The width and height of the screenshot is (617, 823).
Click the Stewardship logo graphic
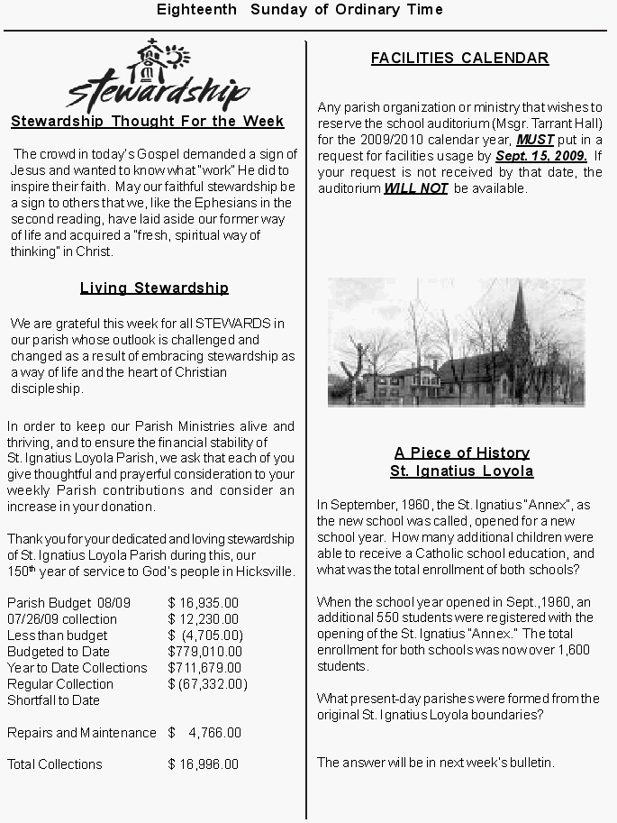(x=158, y=77)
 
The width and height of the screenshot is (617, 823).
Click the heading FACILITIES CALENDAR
(x=459, y=59)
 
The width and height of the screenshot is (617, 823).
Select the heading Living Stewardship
(x=154, y=288)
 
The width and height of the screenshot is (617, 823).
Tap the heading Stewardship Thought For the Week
(x=147, y=122)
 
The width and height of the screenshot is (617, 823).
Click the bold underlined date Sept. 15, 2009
(x=540, y=156)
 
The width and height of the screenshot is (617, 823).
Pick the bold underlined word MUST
(x=535, y=140)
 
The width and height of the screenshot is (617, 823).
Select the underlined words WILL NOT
(x=416, y=188)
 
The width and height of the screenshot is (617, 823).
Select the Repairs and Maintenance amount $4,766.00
(x=204, y=733)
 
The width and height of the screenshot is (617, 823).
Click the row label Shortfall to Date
(x=53, y=700)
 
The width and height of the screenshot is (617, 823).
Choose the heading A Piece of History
(x=461, y=453)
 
